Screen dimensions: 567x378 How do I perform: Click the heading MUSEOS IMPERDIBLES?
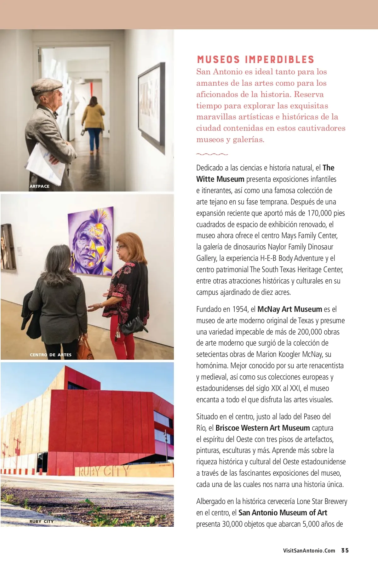click(x=255, y=60)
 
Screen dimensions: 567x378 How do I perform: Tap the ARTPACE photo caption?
click(x=39, y=186)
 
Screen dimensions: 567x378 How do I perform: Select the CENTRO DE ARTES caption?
click(x=51, y=355)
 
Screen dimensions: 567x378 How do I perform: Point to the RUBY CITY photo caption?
click(x=42, y=521)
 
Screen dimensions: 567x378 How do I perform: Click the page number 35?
click(x=345, y=550)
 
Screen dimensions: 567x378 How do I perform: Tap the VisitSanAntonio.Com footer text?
click(x=309, y=551)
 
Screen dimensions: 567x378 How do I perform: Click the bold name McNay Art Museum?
click(x=289, y=309)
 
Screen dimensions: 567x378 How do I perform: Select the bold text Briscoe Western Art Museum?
click(x=263, y=428)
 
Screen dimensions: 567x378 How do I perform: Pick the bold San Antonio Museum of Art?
click(x=283, y=513)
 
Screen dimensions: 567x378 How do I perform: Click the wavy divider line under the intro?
click(x=212, y=154)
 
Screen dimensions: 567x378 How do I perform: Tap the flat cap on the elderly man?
click(x=47, y=86)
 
